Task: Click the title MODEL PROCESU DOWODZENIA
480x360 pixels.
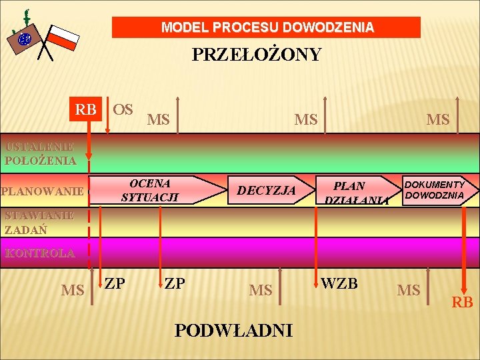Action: [267, 28]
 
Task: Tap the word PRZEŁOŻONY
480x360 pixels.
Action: [257, 55]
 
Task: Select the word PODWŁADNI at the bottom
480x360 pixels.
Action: [233, 330]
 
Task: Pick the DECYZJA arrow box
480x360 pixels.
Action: [267, 191]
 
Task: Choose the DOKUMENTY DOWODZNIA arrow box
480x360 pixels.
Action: [437, 190]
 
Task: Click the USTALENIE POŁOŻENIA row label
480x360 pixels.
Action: [40, 153]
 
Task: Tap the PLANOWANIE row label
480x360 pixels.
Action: [42, 192]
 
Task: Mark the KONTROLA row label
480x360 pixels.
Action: [40, 253]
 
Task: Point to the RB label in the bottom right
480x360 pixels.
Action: [462, 303]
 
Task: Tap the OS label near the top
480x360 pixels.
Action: [123, 109]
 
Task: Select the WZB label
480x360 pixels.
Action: [339, 284]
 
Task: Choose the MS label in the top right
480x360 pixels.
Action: [438, 120]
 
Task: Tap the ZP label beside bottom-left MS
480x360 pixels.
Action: [115, 283]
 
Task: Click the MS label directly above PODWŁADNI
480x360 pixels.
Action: [261, 291]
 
